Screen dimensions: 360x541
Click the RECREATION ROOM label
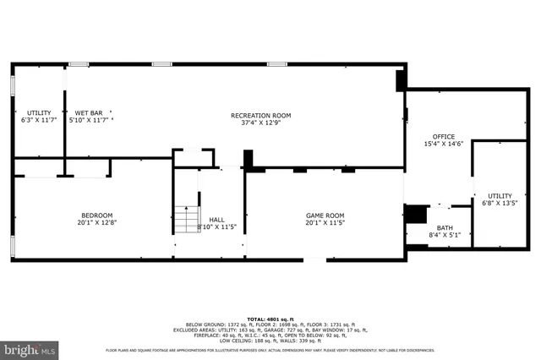[x=260, y=115]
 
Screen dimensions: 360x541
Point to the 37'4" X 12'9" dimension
[x=260, y=123]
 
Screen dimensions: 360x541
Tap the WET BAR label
[x=89, y=112]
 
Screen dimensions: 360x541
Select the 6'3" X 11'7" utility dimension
[x=39, y=120]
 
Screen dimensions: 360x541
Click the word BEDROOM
[x=96, y=215]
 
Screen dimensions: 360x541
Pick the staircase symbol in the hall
[x=186, y=221]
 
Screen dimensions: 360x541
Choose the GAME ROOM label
[x=325, y=215]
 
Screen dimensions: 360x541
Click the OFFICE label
[x=443, y=136]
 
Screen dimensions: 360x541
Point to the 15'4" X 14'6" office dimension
[x=443, y=144]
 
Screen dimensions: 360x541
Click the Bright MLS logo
[x=30, y=348]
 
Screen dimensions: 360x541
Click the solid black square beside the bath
[x=416, y=214]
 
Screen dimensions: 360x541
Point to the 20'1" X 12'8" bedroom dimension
[x=96, y=223]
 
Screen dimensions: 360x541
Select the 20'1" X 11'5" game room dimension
[x=325, y=223]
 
